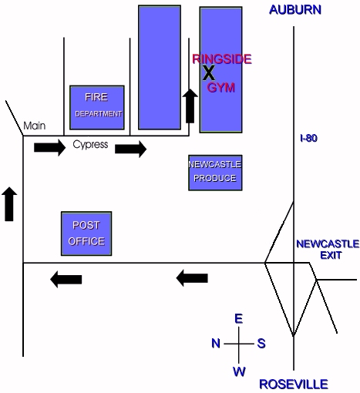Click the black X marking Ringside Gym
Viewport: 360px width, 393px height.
[209, 73]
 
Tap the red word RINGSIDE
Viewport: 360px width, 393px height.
[222, 59]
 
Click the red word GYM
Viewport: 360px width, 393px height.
[221, 88]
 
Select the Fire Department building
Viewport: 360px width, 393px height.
[97, 107]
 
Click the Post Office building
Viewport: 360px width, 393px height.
[86, 233]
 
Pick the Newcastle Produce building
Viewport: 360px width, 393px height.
[215, 173]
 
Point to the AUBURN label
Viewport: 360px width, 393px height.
[295, 10]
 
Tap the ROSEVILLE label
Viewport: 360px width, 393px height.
[294, 385]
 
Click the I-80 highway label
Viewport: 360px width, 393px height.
[308, 138]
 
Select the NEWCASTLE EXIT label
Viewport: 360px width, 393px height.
[328, 250]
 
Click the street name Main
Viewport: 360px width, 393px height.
[35, 126]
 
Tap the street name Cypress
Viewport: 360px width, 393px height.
[90, 144]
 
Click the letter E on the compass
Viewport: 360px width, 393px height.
[239, 319]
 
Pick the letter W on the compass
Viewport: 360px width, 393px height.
[239, 371]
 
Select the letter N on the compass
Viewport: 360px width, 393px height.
[216, 343]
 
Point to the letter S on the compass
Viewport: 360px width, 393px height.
[261, 344]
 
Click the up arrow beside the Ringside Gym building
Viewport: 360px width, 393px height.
[190, 106]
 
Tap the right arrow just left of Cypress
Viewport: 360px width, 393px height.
[50, 147]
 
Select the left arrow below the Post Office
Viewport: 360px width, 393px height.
[66, 279]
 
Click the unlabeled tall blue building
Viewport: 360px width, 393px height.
[160, 67]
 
